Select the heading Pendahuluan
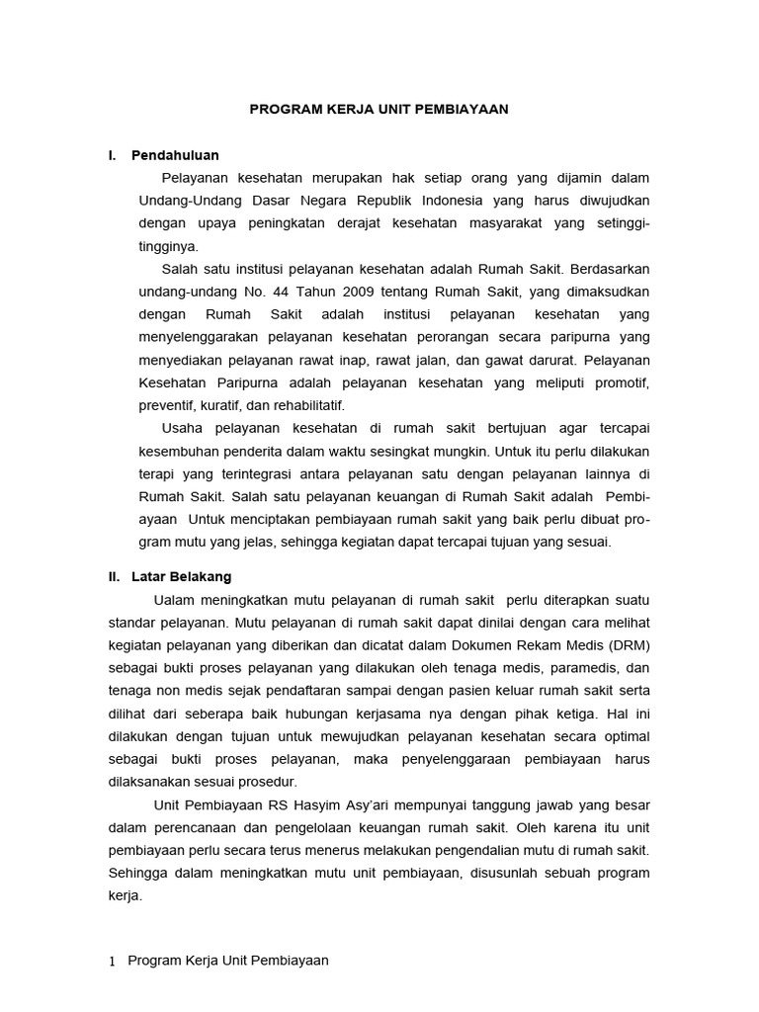point(175,155)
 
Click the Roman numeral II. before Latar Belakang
point(115,577)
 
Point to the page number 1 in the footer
point(112,961)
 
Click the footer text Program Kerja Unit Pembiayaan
point(228,961)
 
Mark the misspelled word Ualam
point(175,600)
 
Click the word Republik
point(383,201)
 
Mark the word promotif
point(620,382)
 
